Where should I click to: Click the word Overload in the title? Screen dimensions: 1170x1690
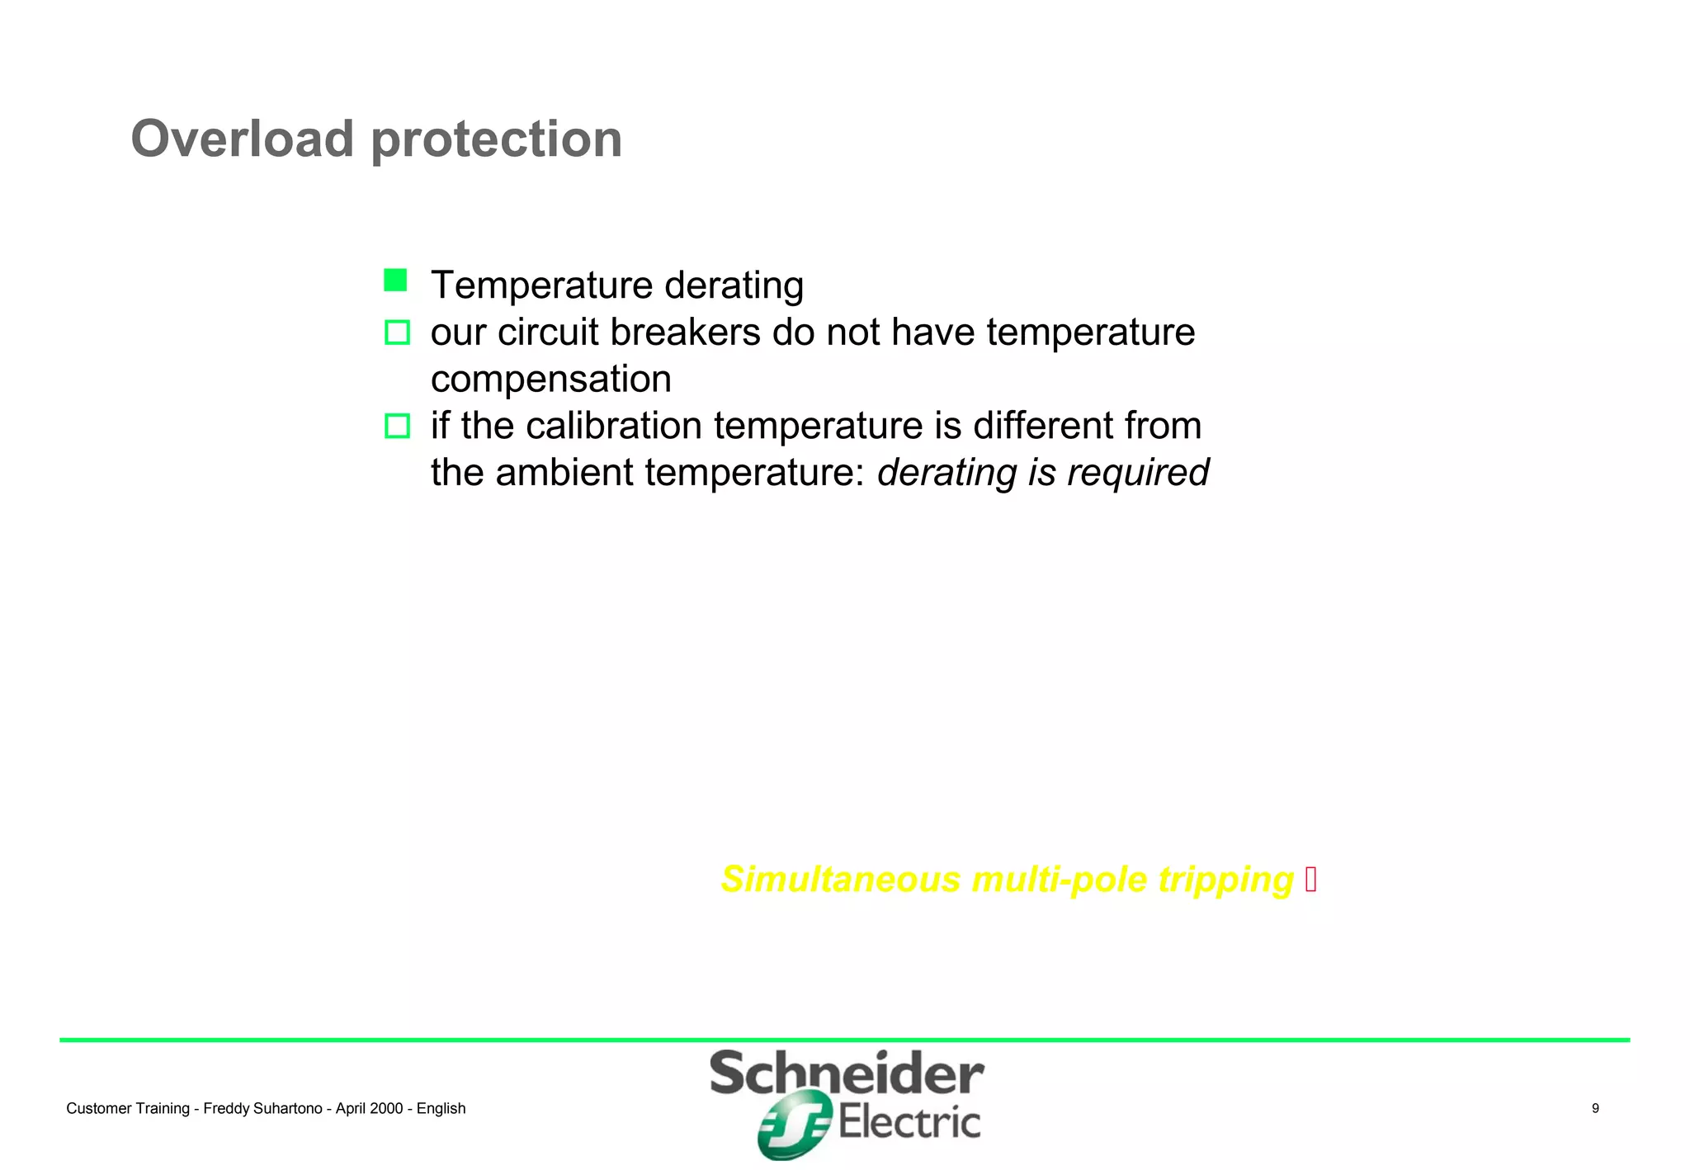click(242, 139)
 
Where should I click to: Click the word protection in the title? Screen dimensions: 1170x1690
click(497, 140)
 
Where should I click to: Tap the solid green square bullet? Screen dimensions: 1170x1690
click(395, 281)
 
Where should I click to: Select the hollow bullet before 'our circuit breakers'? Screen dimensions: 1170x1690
click(397, 333)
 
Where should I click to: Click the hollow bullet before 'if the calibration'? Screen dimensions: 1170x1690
click(397, 426)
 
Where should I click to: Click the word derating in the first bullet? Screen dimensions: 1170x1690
click(734, 285)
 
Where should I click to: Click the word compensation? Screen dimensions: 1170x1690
click(550, 380)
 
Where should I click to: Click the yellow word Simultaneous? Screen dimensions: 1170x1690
click(840, 880)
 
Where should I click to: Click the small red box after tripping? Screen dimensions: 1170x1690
click(1311, 880)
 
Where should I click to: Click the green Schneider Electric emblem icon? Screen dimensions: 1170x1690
click(793, 1125)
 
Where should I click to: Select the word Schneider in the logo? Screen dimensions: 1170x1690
click(847, 1074)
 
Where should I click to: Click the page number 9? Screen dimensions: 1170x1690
click(1595, 1108)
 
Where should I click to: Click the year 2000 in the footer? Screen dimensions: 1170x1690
click(386, 1109)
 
